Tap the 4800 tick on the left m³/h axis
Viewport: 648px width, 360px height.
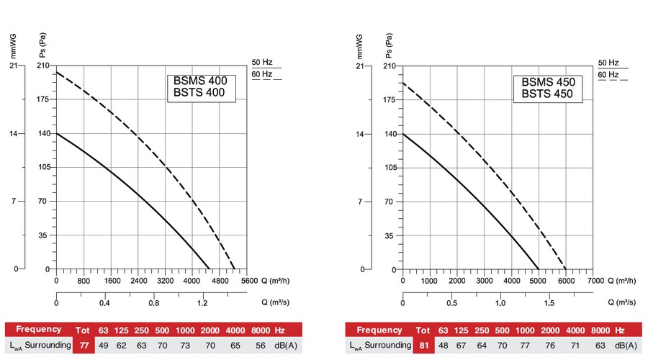(x=219, y=281)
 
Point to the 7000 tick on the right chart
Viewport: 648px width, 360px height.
(x=594, y=281)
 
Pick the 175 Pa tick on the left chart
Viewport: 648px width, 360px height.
(x=44, y=99)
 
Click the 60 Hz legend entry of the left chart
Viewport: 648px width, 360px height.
(x=261, y=74)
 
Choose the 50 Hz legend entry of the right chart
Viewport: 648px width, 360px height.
(x=608, y=62)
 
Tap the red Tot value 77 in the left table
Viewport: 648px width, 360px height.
(x=84, y=346)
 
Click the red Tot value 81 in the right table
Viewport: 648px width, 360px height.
(x=423, y=346)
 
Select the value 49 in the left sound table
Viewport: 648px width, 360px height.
(x=103, y=346)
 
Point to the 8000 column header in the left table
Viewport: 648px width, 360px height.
(x=258, y=330)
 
